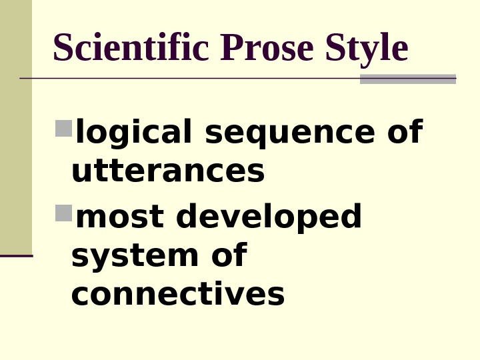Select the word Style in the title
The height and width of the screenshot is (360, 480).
[367, 49]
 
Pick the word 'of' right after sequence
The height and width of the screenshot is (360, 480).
[404, 132]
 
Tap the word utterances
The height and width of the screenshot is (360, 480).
[168, 171]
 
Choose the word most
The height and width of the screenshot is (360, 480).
[119, 217]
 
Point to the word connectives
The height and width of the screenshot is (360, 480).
[177, 294]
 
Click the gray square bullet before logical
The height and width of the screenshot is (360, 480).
[63, 128]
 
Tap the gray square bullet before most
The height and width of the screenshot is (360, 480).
[63, 213]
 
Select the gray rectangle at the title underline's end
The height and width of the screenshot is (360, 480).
[407, 79]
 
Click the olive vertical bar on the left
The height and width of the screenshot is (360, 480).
[15, 127]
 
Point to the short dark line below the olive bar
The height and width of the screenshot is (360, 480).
[16, 255]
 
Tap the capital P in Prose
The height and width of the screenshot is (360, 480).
[229, 49]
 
